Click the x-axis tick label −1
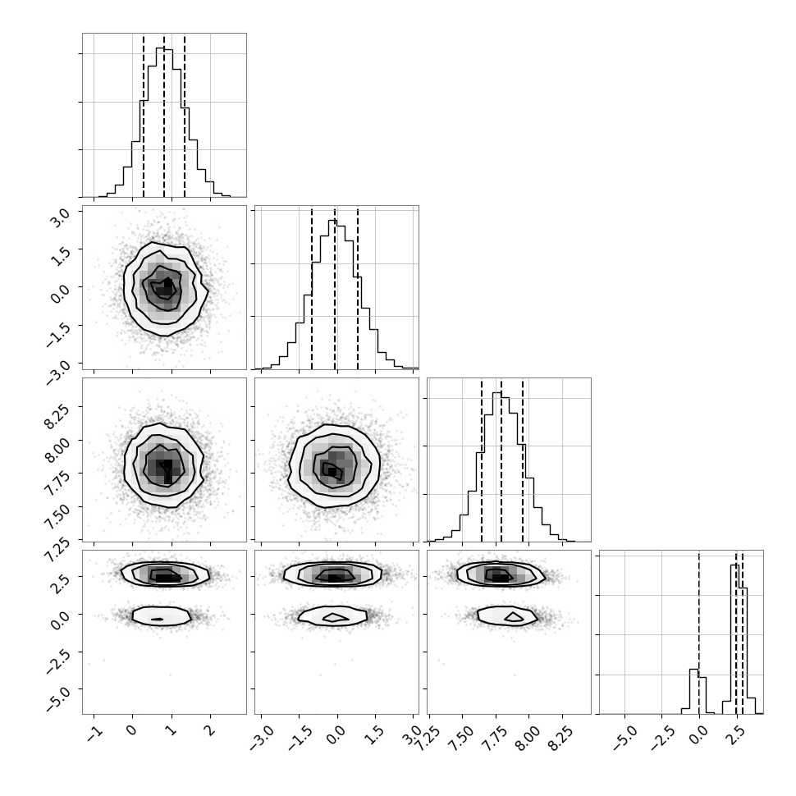(x=95, y=732)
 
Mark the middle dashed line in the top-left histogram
(x=164, y=117)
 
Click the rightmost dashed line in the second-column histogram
(x=358, y=288)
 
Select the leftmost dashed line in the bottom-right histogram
(x=699, y=633)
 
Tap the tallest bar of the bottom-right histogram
(x=734, y=639)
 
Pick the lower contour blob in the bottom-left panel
(x=162, y=615)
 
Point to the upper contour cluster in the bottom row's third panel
(x=501, y=574)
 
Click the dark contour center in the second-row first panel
(x=166, y=287)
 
